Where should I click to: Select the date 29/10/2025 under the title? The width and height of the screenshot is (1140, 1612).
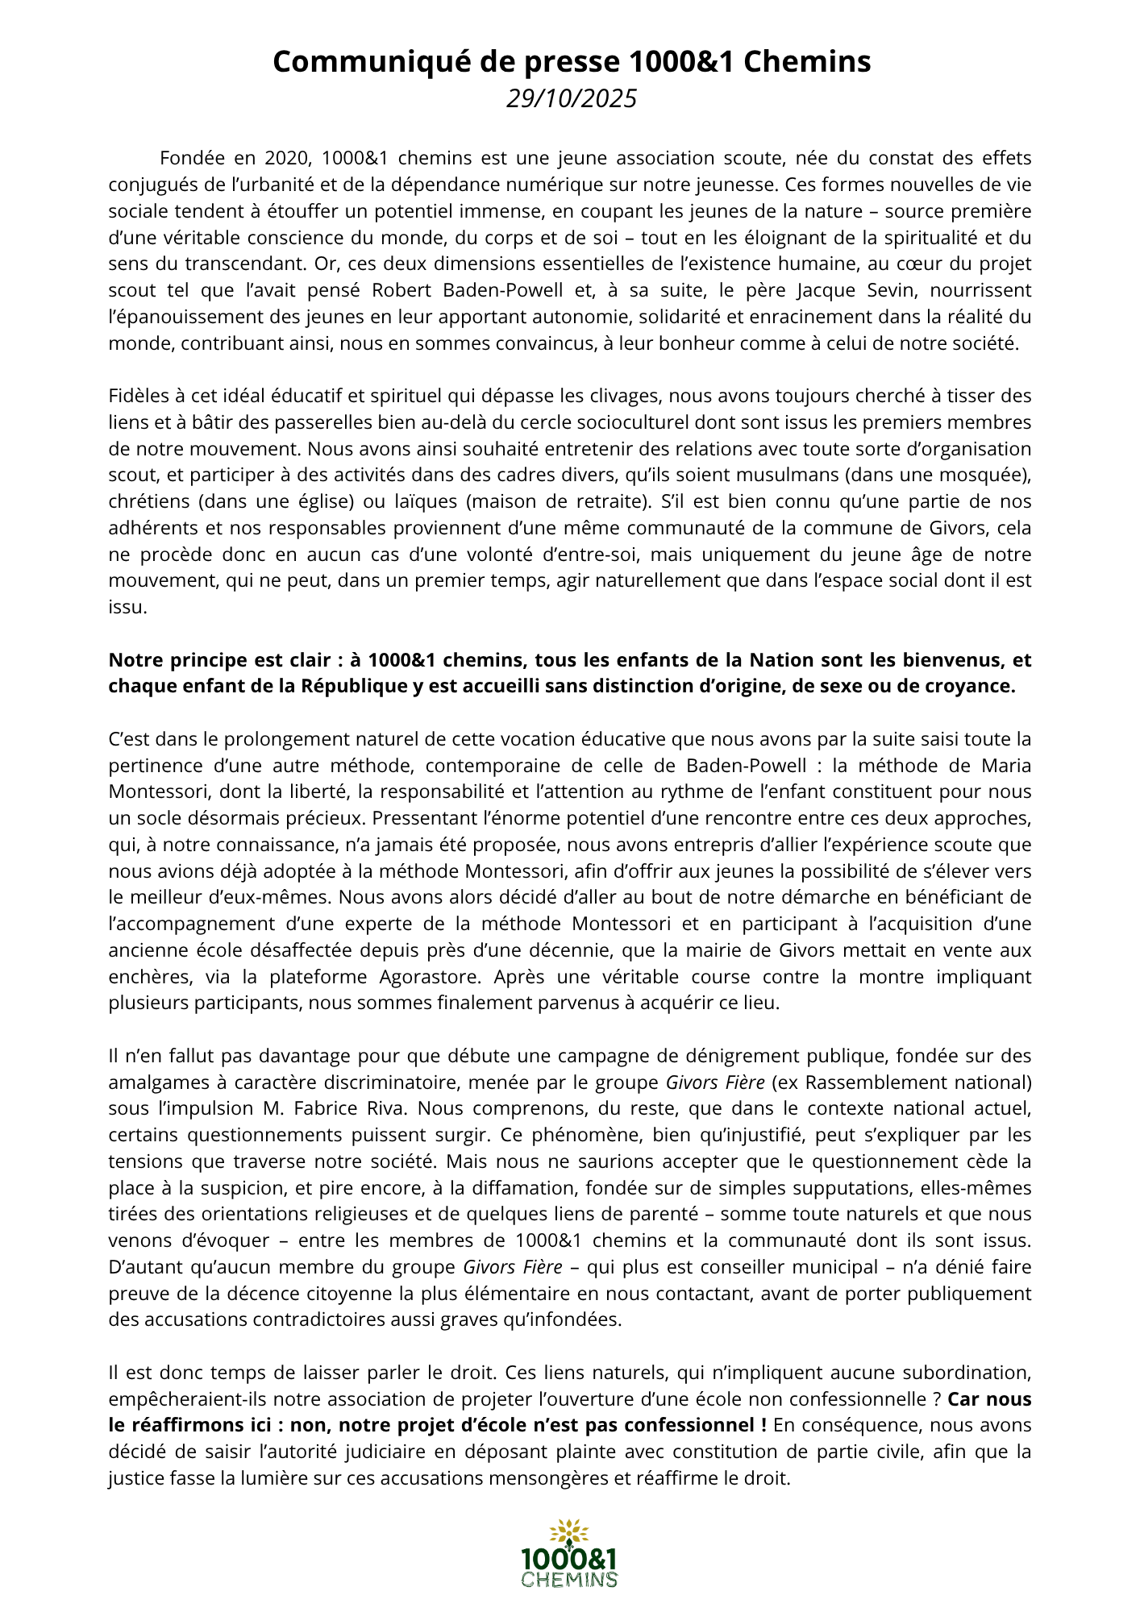[571, 98]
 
